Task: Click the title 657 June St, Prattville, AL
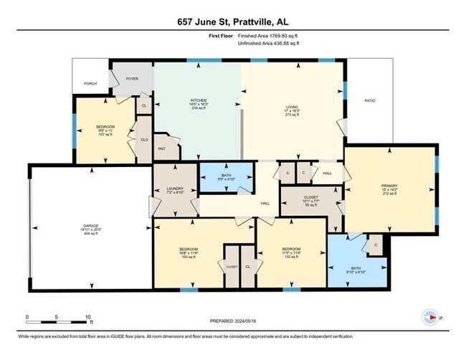click(232, 22)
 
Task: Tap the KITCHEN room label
click(199, 100)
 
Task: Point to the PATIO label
click(369, 101)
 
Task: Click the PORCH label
click(90, 83)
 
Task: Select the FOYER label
click(132, 78)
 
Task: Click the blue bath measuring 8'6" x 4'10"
click(226, 177)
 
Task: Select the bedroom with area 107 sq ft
click(106, 131)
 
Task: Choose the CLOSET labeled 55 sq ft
click(310, 200)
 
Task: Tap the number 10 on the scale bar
click(87, 316)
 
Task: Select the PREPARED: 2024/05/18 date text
click(233, 322)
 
